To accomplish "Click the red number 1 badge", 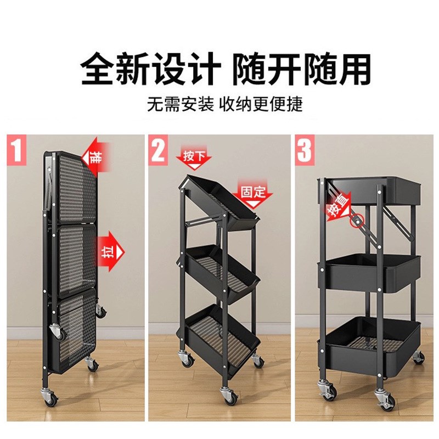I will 17,150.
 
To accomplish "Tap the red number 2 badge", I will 159,150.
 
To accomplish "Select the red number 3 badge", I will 305,150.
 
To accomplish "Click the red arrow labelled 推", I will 95,157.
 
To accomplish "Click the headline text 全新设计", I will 151,70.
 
